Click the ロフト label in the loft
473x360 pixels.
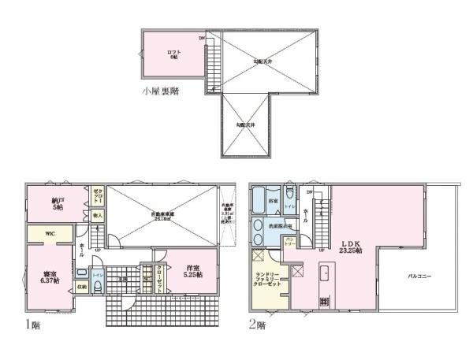174,53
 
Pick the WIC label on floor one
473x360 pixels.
48,233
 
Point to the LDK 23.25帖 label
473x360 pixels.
350,246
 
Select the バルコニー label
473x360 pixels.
419,276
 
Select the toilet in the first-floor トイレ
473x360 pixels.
96,288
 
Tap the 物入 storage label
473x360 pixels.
98,214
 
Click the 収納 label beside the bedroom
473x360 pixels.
82,286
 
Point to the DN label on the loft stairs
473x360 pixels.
202,38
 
